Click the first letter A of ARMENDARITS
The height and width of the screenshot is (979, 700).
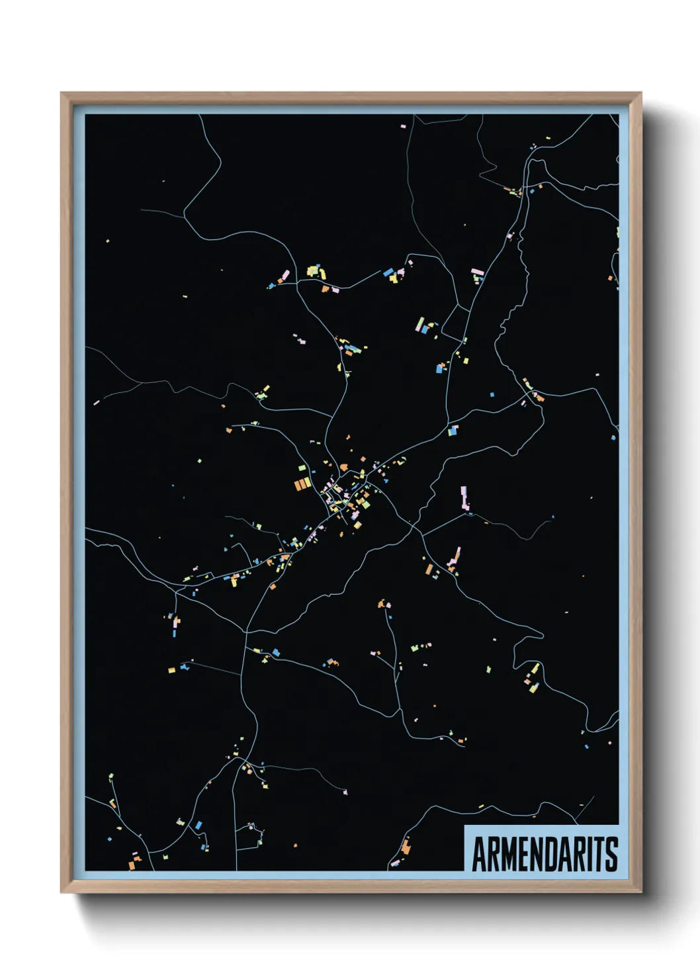(x=479, y=854)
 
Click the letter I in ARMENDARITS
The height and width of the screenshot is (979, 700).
(x=590, y=854)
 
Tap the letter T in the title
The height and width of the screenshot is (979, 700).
(x=600, y=854)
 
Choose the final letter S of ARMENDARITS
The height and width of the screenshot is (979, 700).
(x=612, y=854)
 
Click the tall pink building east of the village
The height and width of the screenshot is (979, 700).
(x=464, y=497)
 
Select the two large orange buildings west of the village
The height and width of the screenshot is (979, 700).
(x=302, y=485)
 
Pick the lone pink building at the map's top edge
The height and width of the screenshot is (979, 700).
(x=403, y=126)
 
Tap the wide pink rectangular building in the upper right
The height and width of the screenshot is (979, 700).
(x=477, y=271)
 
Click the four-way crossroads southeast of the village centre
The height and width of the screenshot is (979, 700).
(x=413, y=526)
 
